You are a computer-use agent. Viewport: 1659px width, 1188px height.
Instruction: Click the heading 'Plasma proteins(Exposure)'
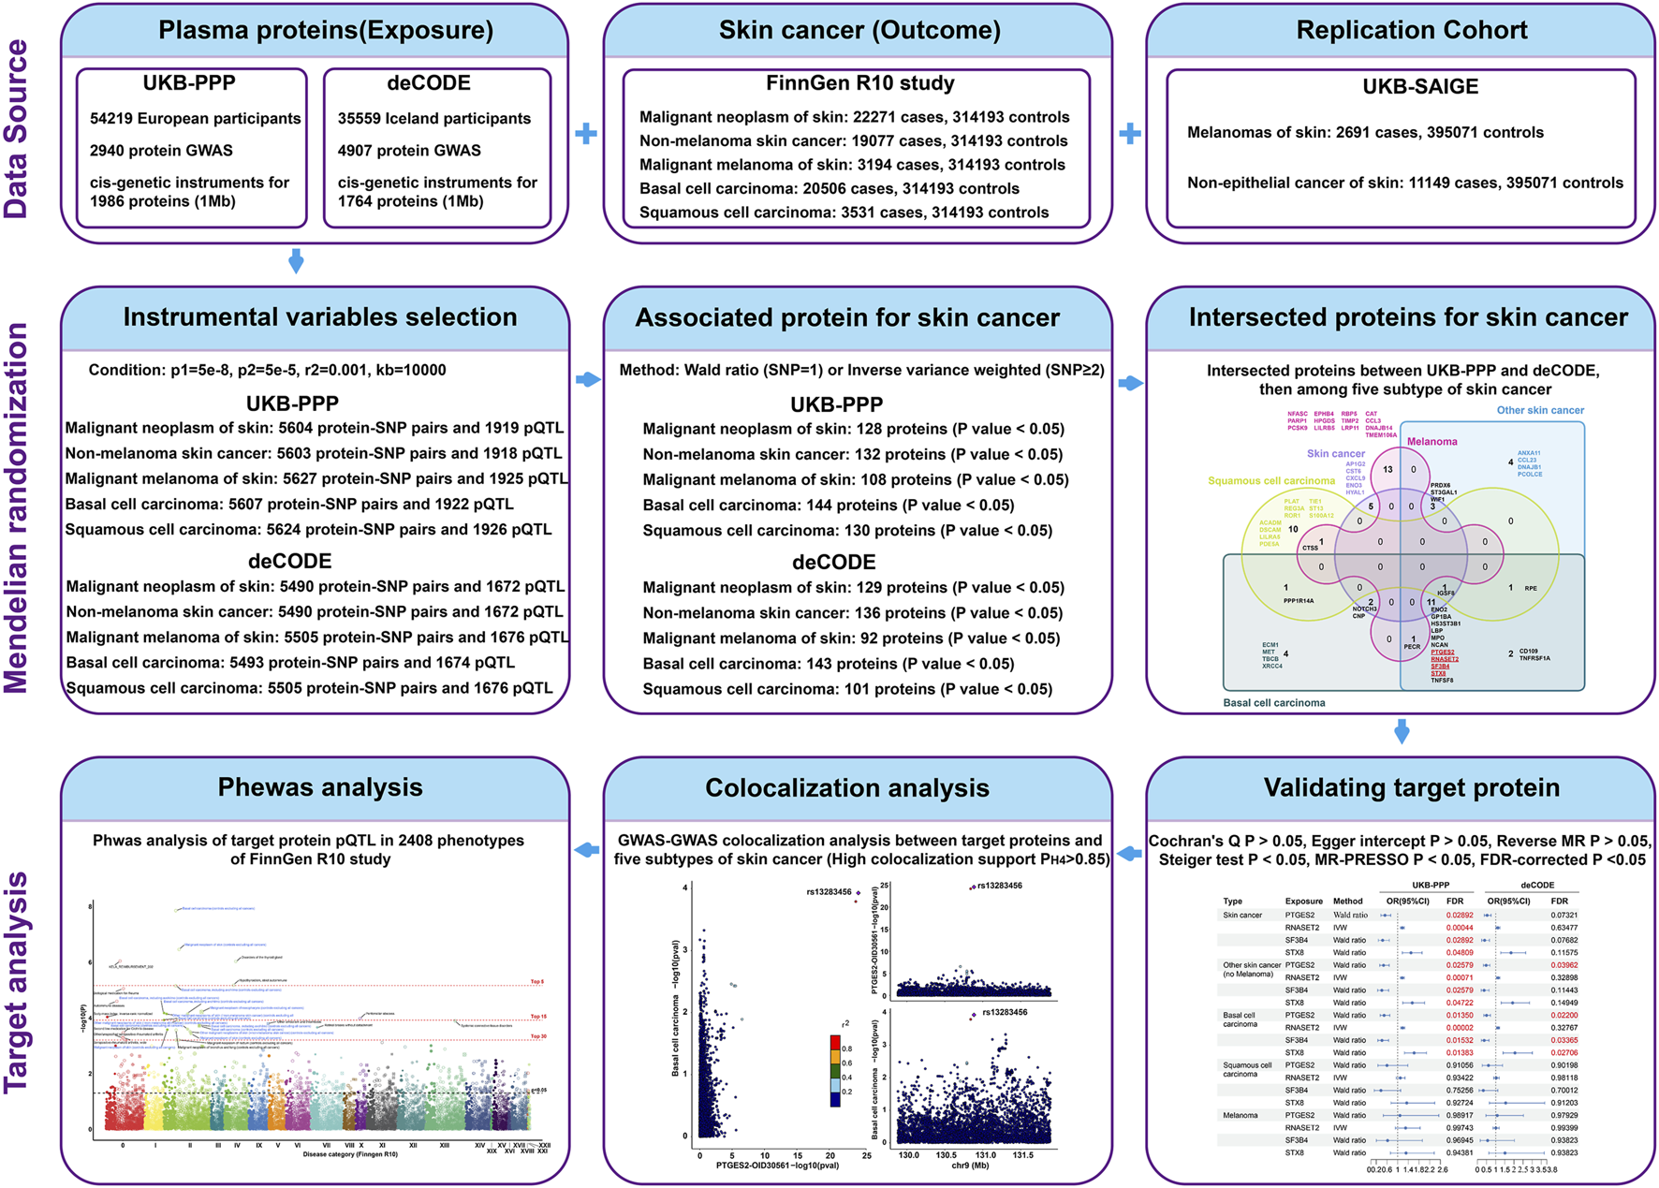[x=325, y=31]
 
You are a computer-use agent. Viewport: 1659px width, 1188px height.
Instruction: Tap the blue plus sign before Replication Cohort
[x=1130, y=134]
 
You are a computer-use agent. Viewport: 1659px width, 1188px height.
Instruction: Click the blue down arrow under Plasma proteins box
[x=296, y=261]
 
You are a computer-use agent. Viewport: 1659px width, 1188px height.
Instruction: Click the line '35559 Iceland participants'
[x=433, y=119]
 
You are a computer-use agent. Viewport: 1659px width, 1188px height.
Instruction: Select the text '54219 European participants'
[x=195, y=119]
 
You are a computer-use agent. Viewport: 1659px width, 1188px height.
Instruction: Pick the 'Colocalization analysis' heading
[x=846, y=788]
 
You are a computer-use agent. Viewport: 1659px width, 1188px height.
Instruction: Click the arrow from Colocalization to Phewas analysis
[x=586, y=850]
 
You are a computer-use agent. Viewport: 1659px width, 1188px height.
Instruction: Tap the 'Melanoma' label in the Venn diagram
[x=1431, y=442]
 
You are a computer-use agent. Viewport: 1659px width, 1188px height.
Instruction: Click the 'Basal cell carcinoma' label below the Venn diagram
[x=1273, y=703]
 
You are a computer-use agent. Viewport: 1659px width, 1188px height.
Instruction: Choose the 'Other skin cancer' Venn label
[x=1540, y=410]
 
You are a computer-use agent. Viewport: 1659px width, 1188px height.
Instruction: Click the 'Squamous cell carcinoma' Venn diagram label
[x=1270, y=481]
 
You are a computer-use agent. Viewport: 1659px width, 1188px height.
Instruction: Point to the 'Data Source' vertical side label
[x=18, y=129]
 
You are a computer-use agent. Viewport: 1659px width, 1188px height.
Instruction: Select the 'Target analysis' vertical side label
[x=18, y=981]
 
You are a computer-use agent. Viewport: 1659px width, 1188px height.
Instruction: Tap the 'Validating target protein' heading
[x=1411, y=788]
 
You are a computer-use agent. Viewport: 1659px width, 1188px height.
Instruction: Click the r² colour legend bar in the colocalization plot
[x=835, y=1071]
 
